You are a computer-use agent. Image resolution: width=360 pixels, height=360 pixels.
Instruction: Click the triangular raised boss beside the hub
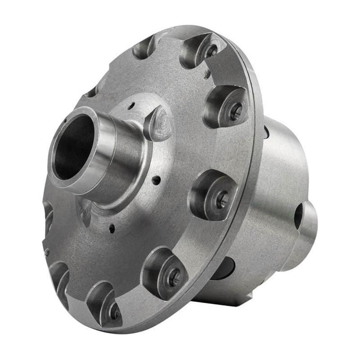pyautogui.click(x=158, y=124)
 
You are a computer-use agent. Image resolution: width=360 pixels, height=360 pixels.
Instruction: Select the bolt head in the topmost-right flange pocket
pyautogui.click(x=211, y=51)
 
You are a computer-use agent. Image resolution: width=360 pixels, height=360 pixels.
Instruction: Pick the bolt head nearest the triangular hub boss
pyautogui.click(x=235, y=112)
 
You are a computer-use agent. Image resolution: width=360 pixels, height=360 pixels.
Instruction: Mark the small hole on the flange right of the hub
pyautogui.click(x=156, y=180)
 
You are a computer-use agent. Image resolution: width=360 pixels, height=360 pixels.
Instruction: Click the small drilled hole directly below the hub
pyautogui.click(x=112, y=229)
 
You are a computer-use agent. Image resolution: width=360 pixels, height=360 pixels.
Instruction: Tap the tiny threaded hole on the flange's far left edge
pyautogui.click(x=47, y=253)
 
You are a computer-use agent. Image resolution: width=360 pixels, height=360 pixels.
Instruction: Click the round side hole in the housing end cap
pyautogui.click(x=298, y=215)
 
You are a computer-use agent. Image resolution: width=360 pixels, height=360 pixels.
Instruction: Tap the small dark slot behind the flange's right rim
pyautogui.click(x=267, y=132)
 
